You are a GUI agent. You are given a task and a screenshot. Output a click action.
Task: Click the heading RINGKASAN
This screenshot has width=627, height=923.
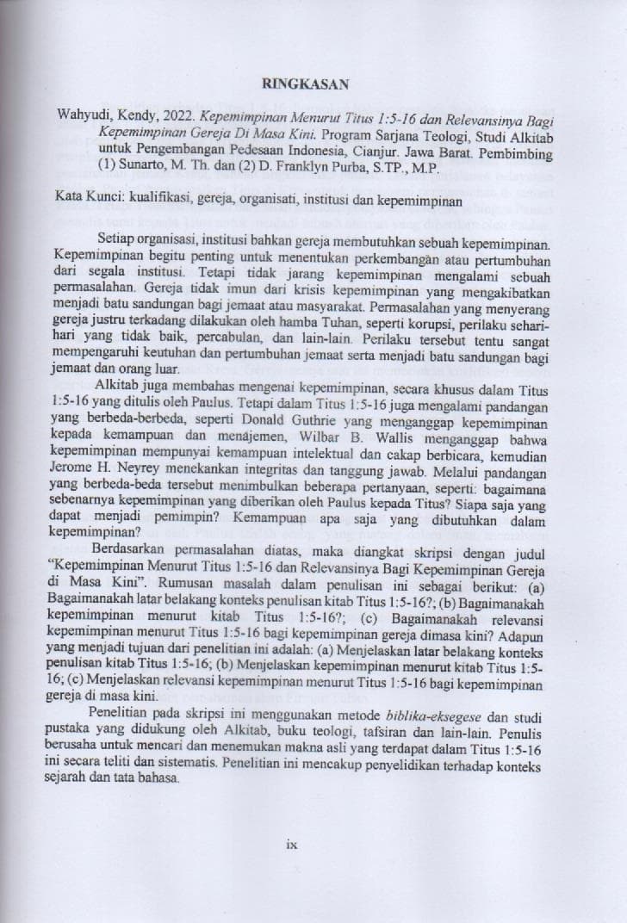tap(306, 85)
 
